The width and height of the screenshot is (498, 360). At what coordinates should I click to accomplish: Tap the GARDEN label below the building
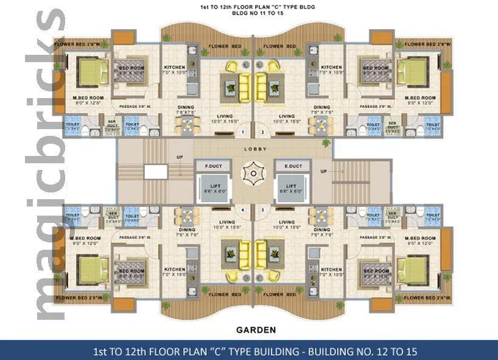[x=256, y=330]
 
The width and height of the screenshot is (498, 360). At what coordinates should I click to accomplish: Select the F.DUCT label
[x=212, y=166]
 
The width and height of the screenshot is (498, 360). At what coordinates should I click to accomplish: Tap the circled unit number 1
[x=242, y=132]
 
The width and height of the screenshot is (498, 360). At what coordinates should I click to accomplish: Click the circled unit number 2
[x=262, y=132]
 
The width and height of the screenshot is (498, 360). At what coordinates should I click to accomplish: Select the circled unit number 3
[x=262, y=211]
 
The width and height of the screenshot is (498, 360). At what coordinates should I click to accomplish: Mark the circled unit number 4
[x=242, y=211]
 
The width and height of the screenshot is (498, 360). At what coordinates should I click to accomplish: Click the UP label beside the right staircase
[x=323, y=171]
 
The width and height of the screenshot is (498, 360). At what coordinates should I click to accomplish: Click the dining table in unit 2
[x=319, y=125]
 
